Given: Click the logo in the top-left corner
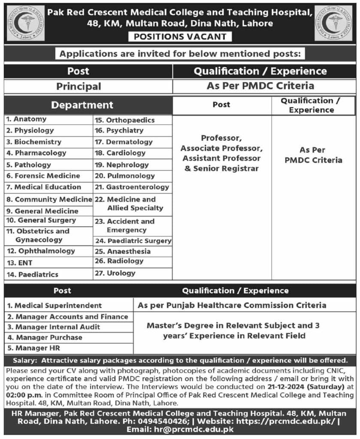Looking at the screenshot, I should [x=25, y=24].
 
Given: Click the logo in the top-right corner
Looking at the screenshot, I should [x=333, y=24].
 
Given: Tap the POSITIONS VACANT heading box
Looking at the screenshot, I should [x=180, y=36].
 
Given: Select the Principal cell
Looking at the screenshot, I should [x=79, y=86].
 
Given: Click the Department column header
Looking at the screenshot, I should [x=82, y=105].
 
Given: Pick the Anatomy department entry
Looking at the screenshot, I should [x=26, y=119].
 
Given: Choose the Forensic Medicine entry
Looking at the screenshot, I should [x=43, y=176].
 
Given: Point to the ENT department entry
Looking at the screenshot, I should [x=19, y=263].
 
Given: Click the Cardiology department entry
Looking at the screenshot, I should [x=121, y=153].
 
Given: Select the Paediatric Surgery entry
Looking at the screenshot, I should [x=133, y=241].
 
